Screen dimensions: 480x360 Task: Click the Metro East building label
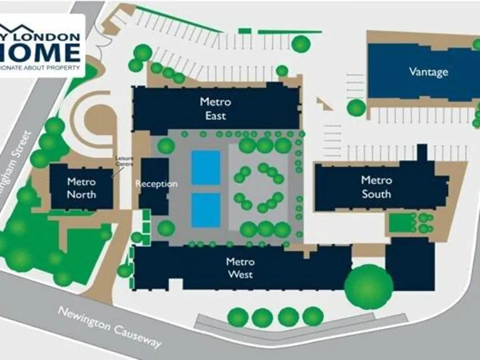[216, 109]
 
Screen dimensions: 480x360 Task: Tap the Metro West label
[240, 268]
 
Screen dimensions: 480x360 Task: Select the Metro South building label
[377, 187]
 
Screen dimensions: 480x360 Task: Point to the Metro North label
[82, 188]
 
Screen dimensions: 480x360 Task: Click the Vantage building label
[429, 71]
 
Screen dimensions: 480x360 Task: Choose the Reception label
[156, 184]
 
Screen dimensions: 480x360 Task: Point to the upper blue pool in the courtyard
[206, 167]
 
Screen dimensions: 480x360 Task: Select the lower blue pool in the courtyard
[206, 209]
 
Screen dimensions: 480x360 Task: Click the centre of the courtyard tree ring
[259, 187]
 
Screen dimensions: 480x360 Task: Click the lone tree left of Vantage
[356, 107]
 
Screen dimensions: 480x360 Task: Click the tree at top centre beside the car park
[301, 44]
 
